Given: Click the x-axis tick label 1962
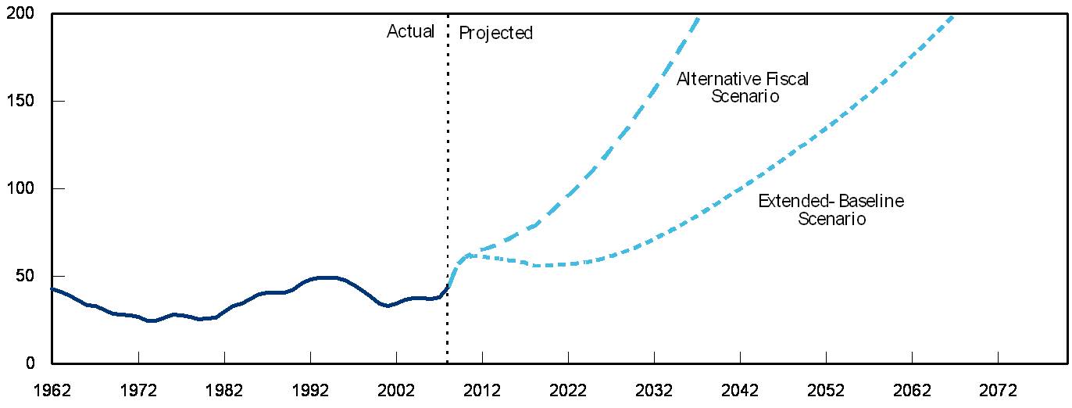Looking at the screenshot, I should click(x=52, y=390).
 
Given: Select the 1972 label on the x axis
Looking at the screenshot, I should click(x=138, y=390).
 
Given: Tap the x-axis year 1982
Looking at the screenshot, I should click(x=223, y=390).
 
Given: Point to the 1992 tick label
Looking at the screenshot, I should click(x=309, y=390).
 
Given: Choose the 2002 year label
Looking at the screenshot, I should click(x=395, y=390).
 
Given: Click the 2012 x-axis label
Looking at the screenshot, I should click(x=481, y=390).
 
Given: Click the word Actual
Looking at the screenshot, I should click(x=410, y=32).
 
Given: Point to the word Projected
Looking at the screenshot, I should click(x=495, y=33).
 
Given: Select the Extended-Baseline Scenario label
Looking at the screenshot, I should click(x=831, y=210).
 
